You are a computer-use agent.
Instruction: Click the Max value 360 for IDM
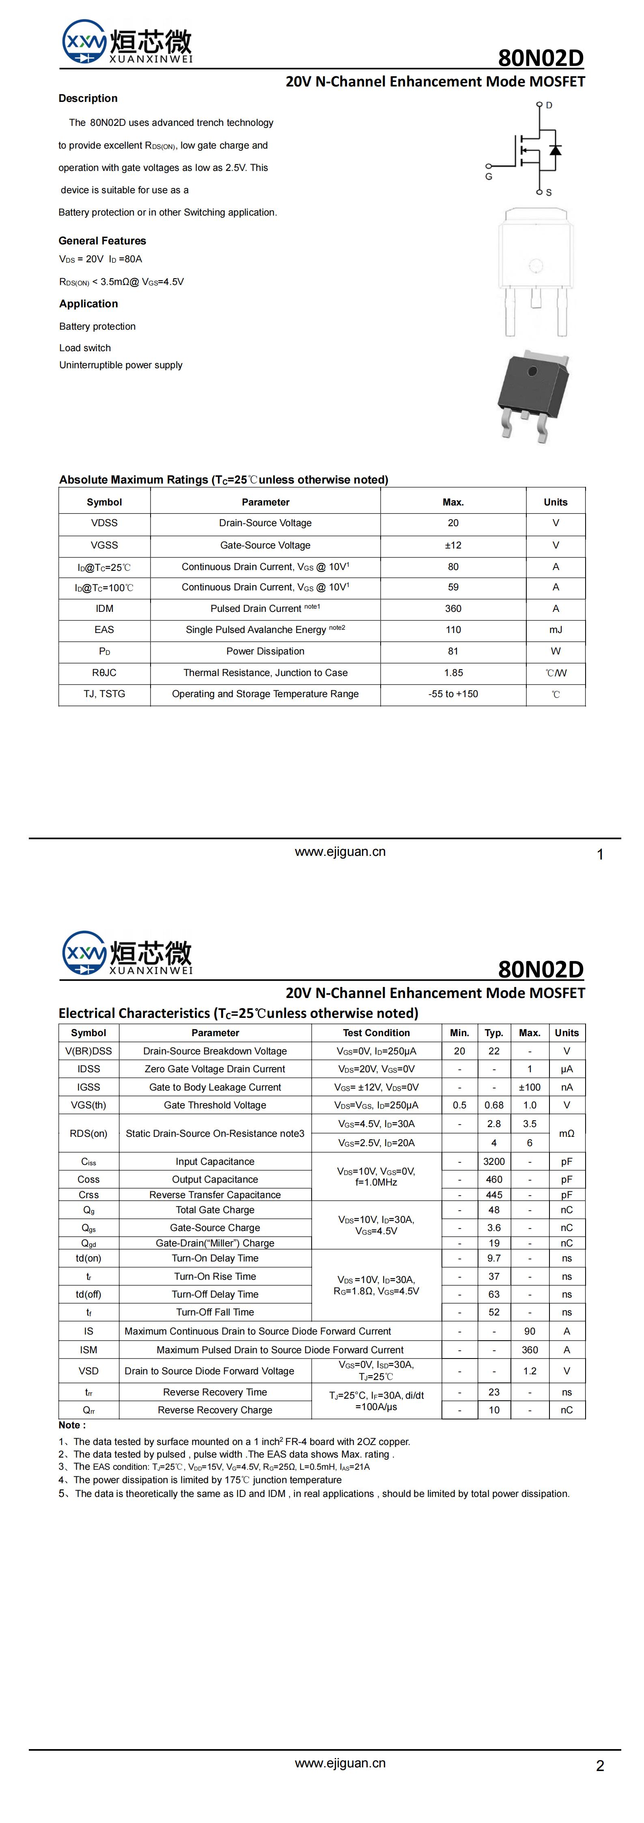click(453, 609)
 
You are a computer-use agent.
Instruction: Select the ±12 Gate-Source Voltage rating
click(453, 545)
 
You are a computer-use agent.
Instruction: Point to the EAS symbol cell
click(104, 630)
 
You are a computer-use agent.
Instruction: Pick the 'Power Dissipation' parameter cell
click(265, 651)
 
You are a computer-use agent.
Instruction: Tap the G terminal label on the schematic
click(488, 176)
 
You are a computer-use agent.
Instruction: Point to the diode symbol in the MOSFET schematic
click(556, 150)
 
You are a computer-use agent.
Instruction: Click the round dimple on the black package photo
click(532, 370)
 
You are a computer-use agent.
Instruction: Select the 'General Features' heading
click(102, 241)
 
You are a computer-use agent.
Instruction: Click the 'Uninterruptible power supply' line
click(121, 365)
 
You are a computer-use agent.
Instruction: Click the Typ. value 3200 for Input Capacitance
click(494, 1161)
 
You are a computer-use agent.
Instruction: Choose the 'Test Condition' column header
click(377, 1032)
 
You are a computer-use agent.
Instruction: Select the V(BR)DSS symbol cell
click(88, 1051)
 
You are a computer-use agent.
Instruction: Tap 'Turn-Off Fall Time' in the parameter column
click(215, 1312)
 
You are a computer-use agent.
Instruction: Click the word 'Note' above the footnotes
click(70, 1425)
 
